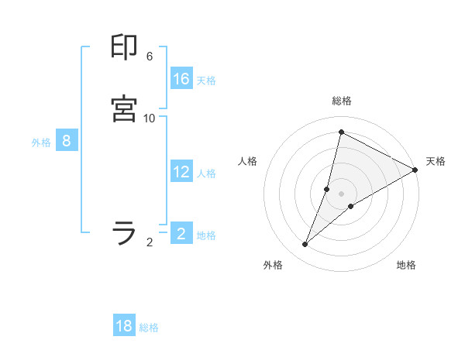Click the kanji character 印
pos(125,48)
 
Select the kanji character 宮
pos(125,109)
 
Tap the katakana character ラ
pos(125,232)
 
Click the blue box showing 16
pos(181,79)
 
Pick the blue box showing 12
pos(181,172)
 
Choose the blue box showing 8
pos(67,141)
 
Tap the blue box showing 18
pos(124,326)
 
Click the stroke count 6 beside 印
pos(150,57)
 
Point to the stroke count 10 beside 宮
pos(150,118)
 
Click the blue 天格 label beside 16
pos(206,81)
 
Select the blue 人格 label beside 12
pos(206,173)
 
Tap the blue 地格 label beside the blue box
pos(206,235)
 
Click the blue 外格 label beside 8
pos(41,143)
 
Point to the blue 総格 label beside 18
pos(149,328)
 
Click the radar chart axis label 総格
pos(341,101)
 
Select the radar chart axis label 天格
pos(436,161)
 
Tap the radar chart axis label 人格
pos(248,161)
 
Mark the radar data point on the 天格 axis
pos(415,170)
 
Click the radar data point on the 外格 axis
pos(305,245)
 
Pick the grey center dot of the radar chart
pos(342,194)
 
